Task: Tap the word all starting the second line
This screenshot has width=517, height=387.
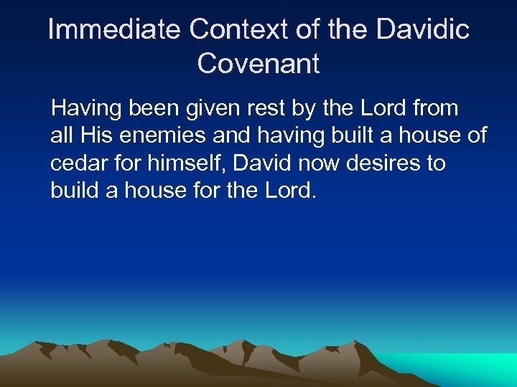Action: (61, 135)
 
